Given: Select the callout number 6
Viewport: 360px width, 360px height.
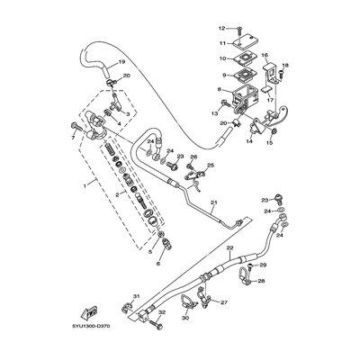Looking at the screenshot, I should (x=160, y=266).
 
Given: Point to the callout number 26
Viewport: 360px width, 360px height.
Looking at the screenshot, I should (x=193, y=157).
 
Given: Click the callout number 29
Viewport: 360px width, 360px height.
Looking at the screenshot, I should (x=264, y=266).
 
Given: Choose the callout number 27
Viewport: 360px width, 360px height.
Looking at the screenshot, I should (x=224, y=302).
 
